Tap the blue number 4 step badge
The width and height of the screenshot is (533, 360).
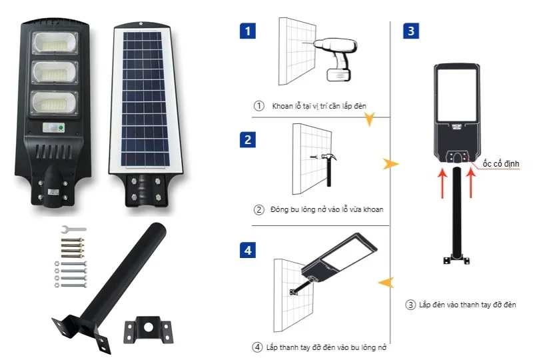(x=249, y=251)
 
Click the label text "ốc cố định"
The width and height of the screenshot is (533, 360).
(x=500, y=163)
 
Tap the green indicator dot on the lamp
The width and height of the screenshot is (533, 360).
(x=61, y=127)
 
